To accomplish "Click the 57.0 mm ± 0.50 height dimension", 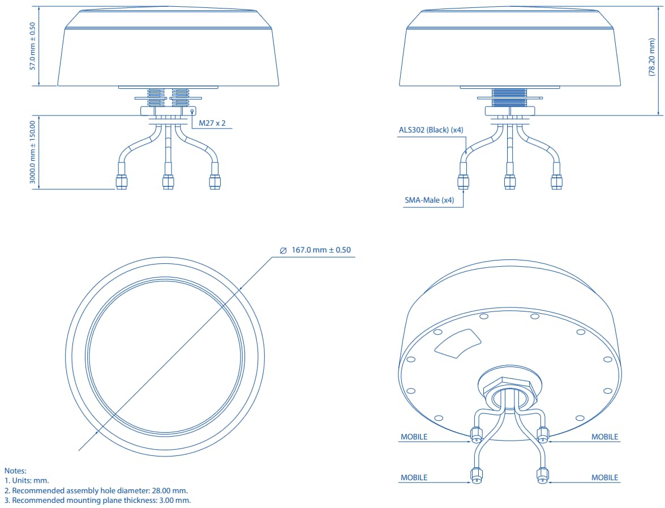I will (x=33, y=46).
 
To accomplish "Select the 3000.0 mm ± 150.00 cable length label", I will (x=33, y=152).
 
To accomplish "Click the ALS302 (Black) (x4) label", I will (x=431, y=130).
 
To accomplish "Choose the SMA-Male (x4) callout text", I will (x=429, y=200).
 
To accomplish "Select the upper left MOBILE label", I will (x=414, y=437).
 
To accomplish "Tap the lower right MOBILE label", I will (x=605, y=477).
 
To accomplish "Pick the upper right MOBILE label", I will (x=605, y=437).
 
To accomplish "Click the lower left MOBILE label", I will (x=414, y=477).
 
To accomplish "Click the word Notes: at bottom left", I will (x=15, y=471).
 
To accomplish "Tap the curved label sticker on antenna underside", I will (x=458, y=344).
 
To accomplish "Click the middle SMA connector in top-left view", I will (x=168, y=182).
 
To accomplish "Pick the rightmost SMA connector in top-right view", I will (x=556, y=181).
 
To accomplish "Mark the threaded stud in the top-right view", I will (x=510, y=97).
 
